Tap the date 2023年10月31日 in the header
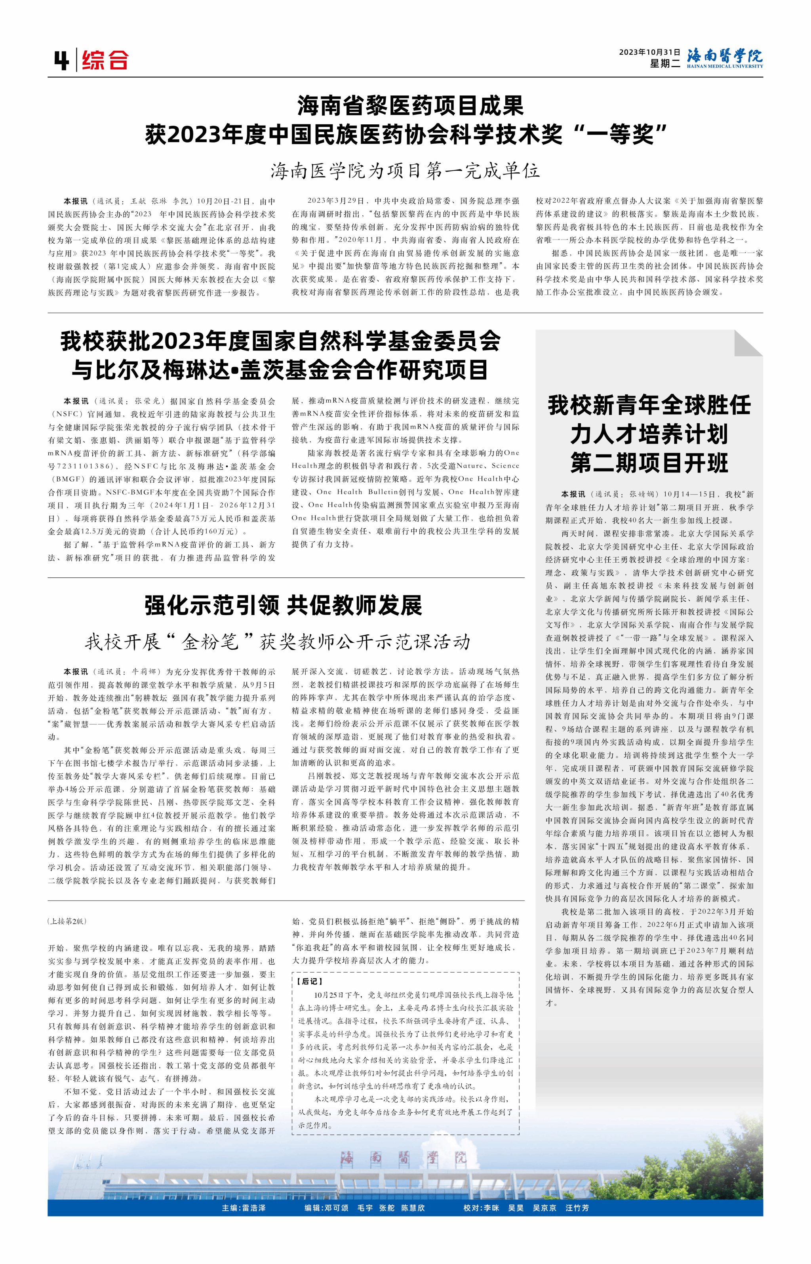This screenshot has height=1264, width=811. (649, 52)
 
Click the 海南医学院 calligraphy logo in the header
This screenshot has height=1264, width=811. (725, 57)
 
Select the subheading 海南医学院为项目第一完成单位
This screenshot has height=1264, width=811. (405, 171)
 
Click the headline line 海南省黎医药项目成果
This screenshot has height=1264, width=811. (410, 106)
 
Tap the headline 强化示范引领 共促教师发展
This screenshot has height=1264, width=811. (283, 605)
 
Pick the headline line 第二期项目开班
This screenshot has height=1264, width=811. (649, 464)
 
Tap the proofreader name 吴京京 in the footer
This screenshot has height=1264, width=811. (544, 1208)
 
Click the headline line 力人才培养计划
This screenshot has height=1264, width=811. (649, 434)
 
